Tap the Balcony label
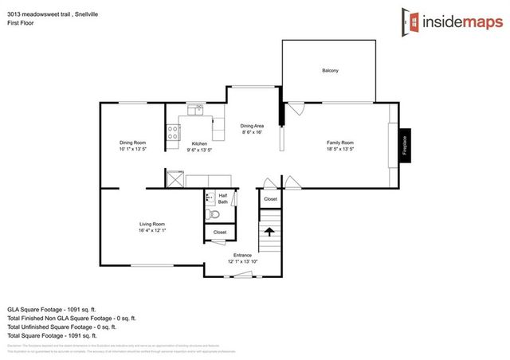tap(330, 71)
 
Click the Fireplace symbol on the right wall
tap(406, 146)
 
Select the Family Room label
tap(340, 143)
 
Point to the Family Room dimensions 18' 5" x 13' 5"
tap(340, 149)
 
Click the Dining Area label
tap(252, 126)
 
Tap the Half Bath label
tap(223, 198)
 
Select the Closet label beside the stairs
tap(270, 199)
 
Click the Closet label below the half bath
tap(220, 233)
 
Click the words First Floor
tap(20, 16)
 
